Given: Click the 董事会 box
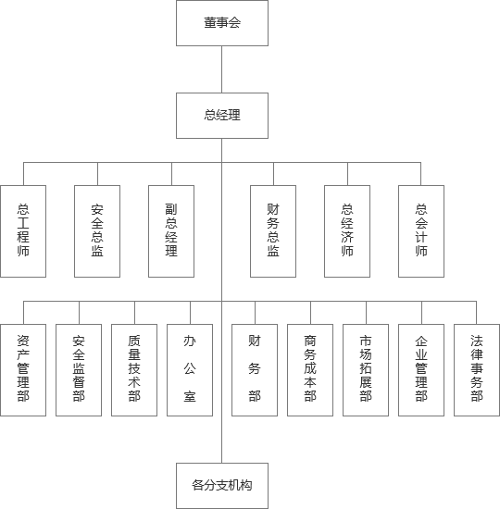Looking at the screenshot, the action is pyautogui.click(x=222, y=23).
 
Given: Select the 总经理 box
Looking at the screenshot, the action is pyautogui.click(x=222, y=116).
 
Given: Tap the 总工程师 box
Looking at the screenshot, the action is pyautogui.click(x=23, y=231).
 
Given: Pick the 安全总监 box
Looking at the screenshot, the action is pyautogui.click(x=97, y=231).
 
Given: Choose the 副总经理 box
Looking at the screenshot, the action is pyautogui.click(x=171, y=231).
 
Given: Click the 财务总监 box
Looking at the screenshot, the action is pyautogui.click(x=273, y=231).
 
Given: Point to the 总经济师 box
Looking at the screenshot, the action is pyautogui.click(x=347, y=231).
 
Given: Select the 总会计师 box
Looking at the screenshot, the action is pyautogui.click(x=421, y=231).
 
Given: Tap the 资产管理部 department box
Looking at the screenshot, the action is pyautogui.click(x=23, y=370).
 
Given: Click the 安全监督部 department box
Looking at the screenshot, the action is pyautogui.click(x=79, y=370).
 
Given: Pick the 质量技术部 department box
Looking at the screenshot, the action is pyautogui.click(x=134, y=370).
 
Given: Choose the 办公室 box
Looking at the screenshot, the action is pyautogui.click(x=190, y=370).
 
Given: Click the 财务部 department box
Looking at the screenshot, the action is pyautogui.click(x=255, y=370).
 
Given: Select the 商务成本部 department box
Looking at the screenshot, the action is pyautogui.click(x=310, y=370).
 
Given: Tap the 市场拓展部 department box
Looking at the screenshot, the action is pyautogui.click(x=366, y=370).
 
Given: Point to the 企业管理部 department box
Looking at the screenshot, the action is pyautogui.click(x=421, y=370).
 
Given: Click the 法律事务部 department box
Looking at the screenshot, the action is pyautogui.click(x=477, y=370).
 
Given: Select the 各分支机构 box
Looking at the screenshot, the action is pyautogui.click(x=222, y=486).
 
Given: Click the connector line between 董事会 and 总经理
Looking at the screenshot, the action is pyautogui.click(x=222, y=69).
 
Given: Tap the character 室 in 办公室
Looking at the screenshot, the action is pyautogui.click(x=190, y=396).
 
